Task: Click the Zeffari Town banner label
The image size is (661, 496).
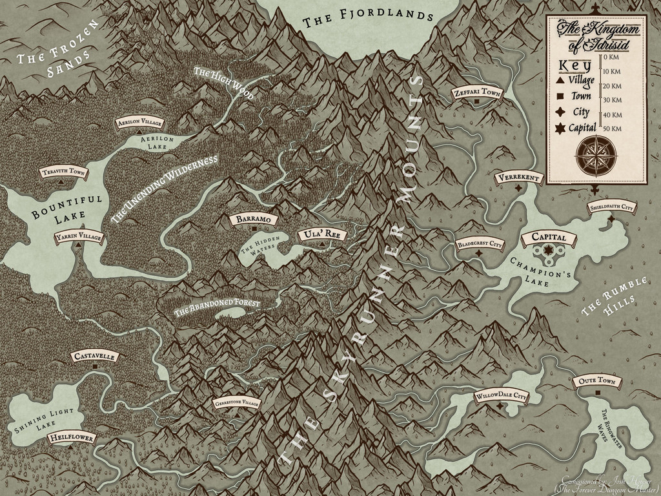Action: pyautogui.click(x=476, y=92)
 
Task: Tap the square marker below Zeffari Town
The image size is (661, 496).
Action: pyautogui.click(x=476, y=103)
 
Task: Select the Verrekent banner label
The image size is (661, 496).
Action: pyautogui.click(x=518, y=178)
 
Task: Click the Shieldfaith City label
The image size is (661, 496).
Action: pyautogui.click(x=611, y=207)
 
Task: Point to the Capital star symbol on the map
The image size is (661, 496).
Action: pyautogui.click(x=548, y=250)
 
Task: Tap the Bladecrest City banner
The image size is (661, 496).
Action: pyautogui.click(x=479, y=244)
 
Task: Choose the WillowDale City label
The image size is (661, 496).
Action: pyautogui.click(x=501, y=395)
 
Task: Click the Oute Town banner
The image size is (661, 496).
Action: pyautogui.click(x=596, y=382)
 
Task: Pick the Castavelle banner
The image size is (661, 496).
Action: pyautogui.click(x=95, y=356)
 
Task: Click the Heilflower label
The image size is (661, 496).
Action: pyautogui.click(x=71, y=439)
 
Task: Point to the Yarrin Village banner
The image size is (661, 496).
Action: pyautogui.click(x=79, y=238)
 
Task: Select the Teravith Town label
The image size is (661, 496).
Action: pyautogui.click(x=63, y=172)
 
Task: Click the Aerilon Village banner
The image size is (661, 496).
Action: pyautogui.click(x=140, y=122)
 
